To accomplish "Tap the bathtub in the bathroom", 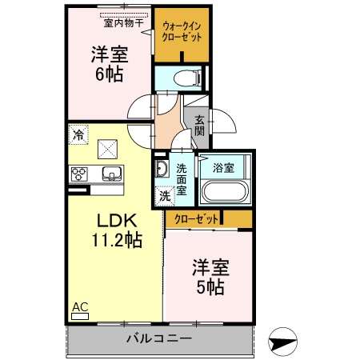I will coord(224,191).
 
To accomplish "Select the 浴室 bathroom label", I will coord(223,168).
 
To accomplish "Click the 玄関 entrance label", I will coord(198,124).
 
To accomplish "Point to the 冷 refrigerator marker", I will coord(78,135).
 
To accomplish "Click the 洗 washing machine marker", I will coord(164,194).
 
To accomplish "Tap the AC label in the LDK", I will coord(80,306).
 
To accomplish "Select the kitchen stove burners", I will coord(80,174).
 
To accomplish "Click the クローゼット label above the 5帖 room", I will coord(194,218).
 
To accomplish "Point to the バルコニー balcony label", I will coord(158,338).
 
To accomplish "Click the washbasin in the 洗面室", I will coord(161,169).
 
